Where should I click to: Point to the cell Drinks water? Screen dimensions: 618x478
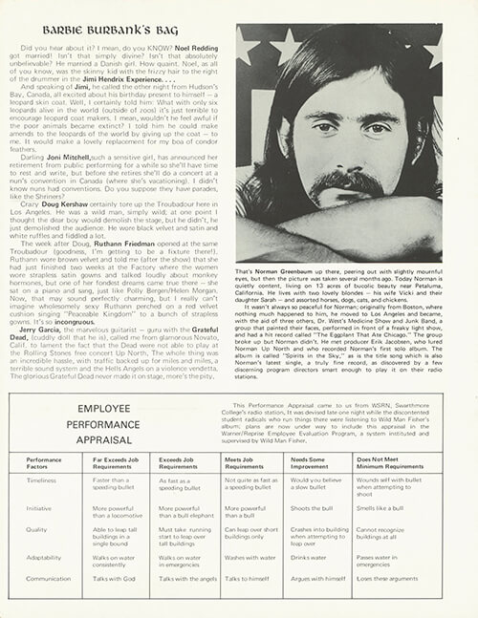(x=305, y=556)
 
